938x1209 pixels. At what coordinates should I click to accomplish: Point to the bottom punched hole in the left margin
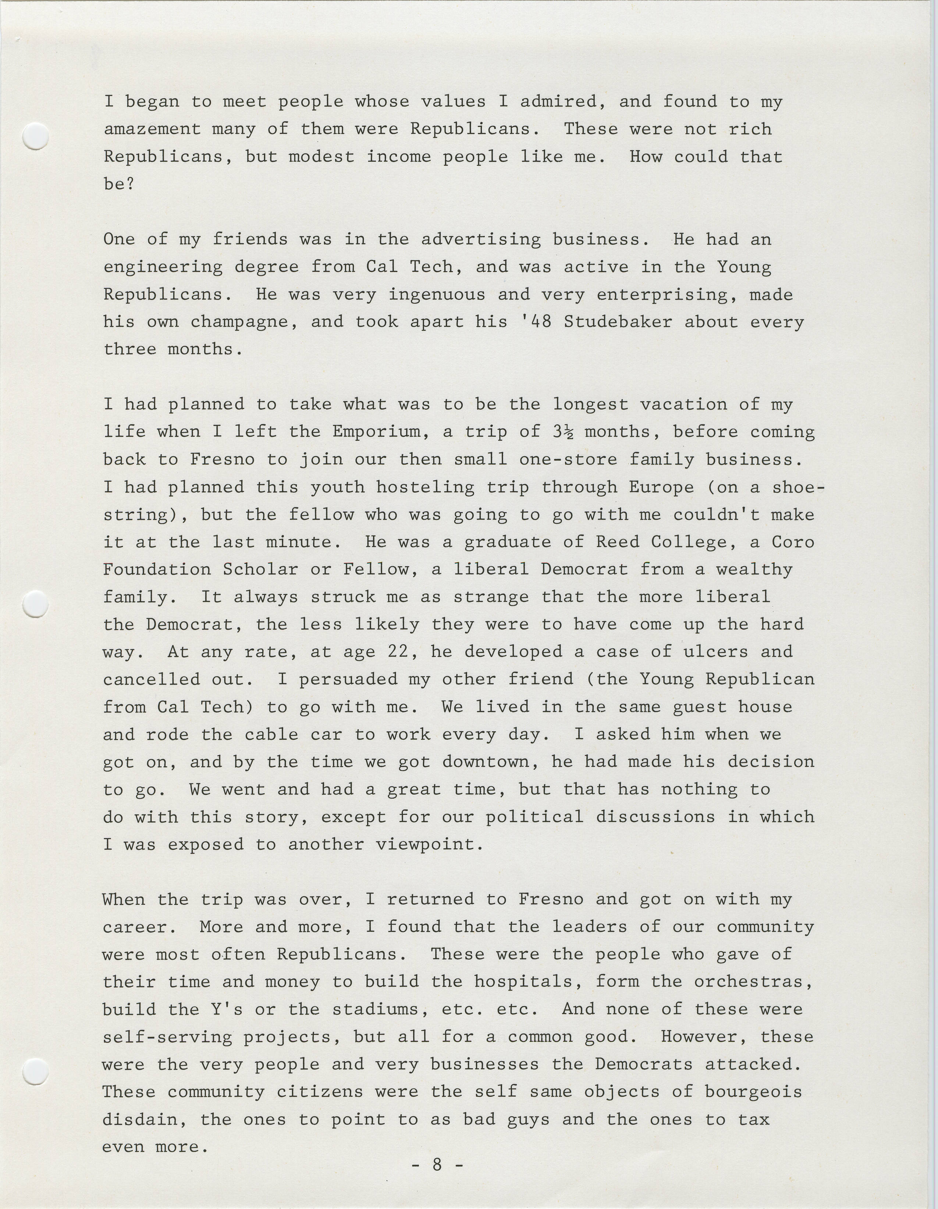35,1071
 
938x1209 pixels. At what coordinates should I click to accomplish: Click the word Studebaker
618,322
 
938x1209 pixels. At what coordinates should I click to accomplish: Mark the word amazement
152,129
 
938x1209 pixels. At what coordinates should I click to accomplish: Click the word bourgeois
754,1092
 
